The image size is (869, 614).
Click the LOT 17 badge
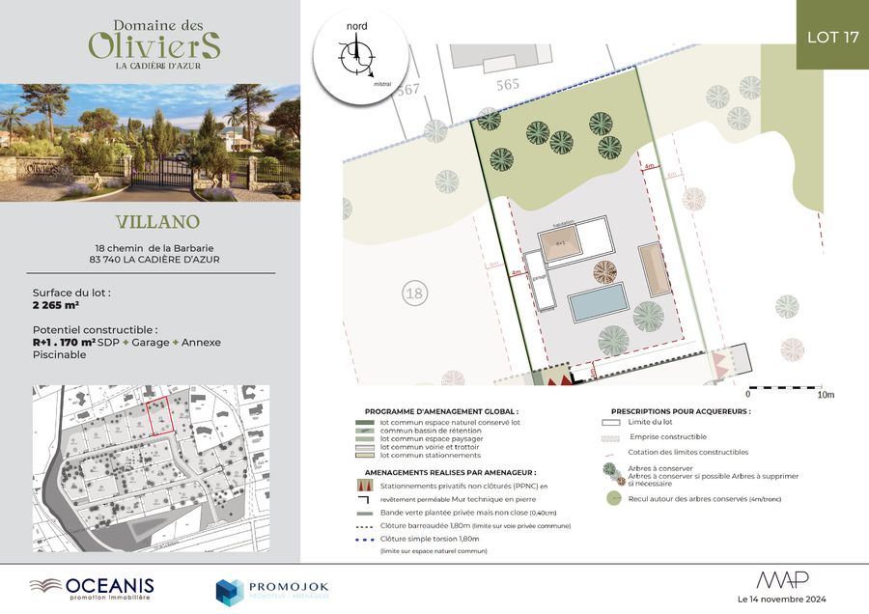832,37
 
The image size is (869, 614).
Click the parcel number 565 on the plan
508,84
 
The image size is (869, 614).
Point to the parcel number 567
408,90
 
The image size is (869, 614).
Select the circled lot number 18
413,293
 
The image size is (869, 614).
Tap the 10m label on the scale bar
826,395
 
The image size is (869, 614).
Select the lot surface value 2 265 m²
56,304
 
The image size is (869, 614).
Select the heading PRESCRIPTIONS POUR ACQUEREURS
680,410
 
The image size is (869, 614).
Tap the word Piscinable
60,354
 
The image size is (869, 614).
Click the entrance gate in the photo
160,171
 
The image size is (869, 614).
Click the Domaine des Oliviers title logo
154,41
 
